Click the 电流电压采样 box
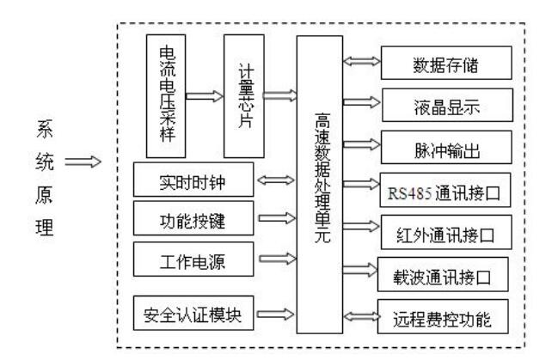pyautogui.click(x=166, y=95)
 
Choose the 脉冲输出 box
pyautogui.click(x=446, y=148)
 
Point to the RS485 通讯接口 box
pyautogui.click(x=446, y=190)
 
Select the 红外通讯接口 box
pyautogui.click(x=446, y=232)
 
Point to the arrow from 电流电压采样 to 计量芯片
pyautogui.click(x=204, y=95)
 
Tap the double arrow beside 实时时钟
pyautogui.click(x=277, y=181)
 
